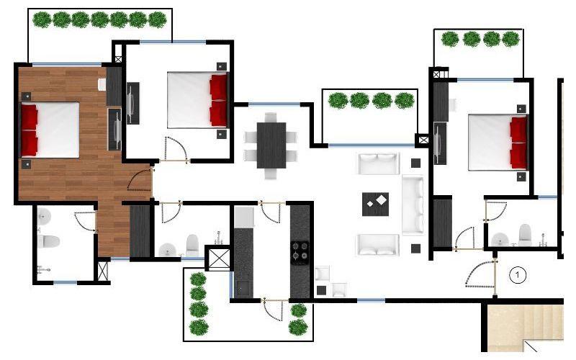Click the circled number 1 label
[518, 274]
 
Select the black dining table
[271, 145]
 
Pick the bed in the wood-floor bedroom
[50, 130]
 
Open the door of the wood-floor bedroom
[140, 179]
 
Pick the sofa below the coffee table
[377, 245]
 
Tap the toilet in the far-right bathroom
[525, 235]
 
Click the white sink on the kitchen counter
[245, 216]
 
